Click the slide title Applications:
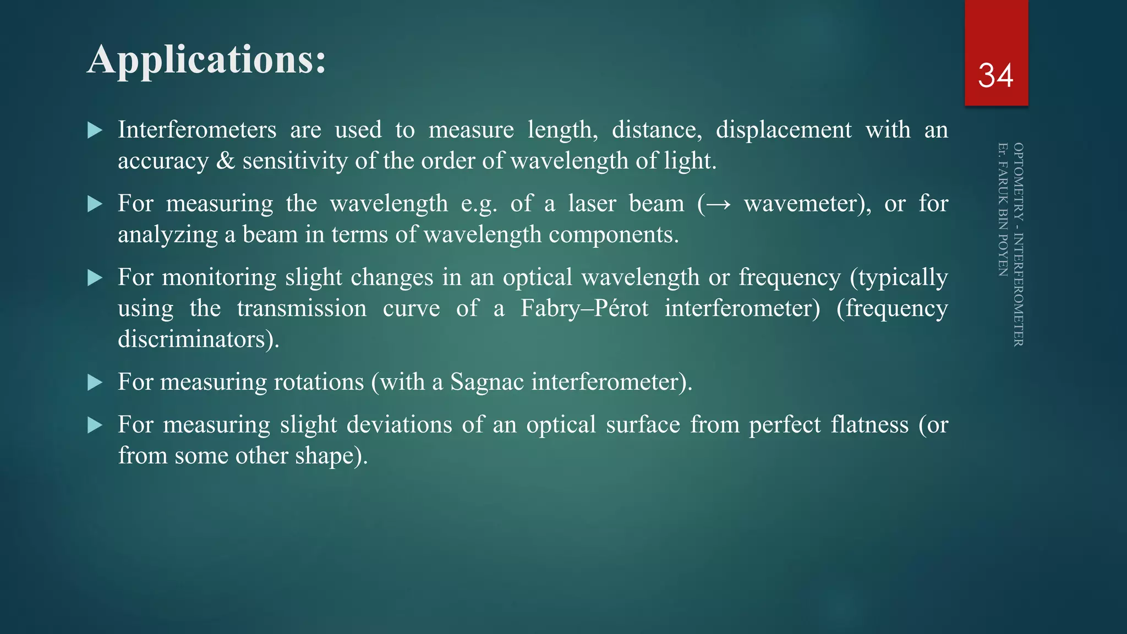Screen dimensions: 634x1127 coord(206,59)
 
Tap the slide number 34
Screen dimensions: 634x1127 coord(995,75)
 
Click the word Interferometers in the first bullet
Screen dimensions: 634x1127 coord(197,130)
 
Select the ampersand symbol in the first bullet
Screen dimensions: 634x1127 coord(226,161)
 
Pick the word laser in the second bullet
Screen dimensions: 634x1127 coord(592,204)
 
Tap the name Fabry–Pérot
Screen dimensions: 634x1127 coord(584,308)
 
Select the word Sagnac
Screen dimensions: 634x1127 coord(486,382)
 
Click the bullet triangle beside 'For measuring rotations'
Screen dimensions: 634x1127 coord(95,382)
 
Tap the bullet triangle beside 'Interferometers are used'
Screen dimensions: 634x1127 coord(95,130)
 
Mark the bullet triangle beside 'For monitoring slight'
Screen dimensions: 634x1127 coord(95,278)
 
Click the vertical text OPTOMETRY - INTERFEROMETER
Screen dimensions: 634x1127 coord(1018,244)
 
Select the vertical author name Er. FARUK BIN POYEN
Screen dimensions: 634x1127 coord(1003,209)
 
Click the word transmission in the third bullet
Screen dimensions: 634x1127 coord(302,308)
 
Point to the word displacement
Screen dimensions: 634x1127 coord(784,130)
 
